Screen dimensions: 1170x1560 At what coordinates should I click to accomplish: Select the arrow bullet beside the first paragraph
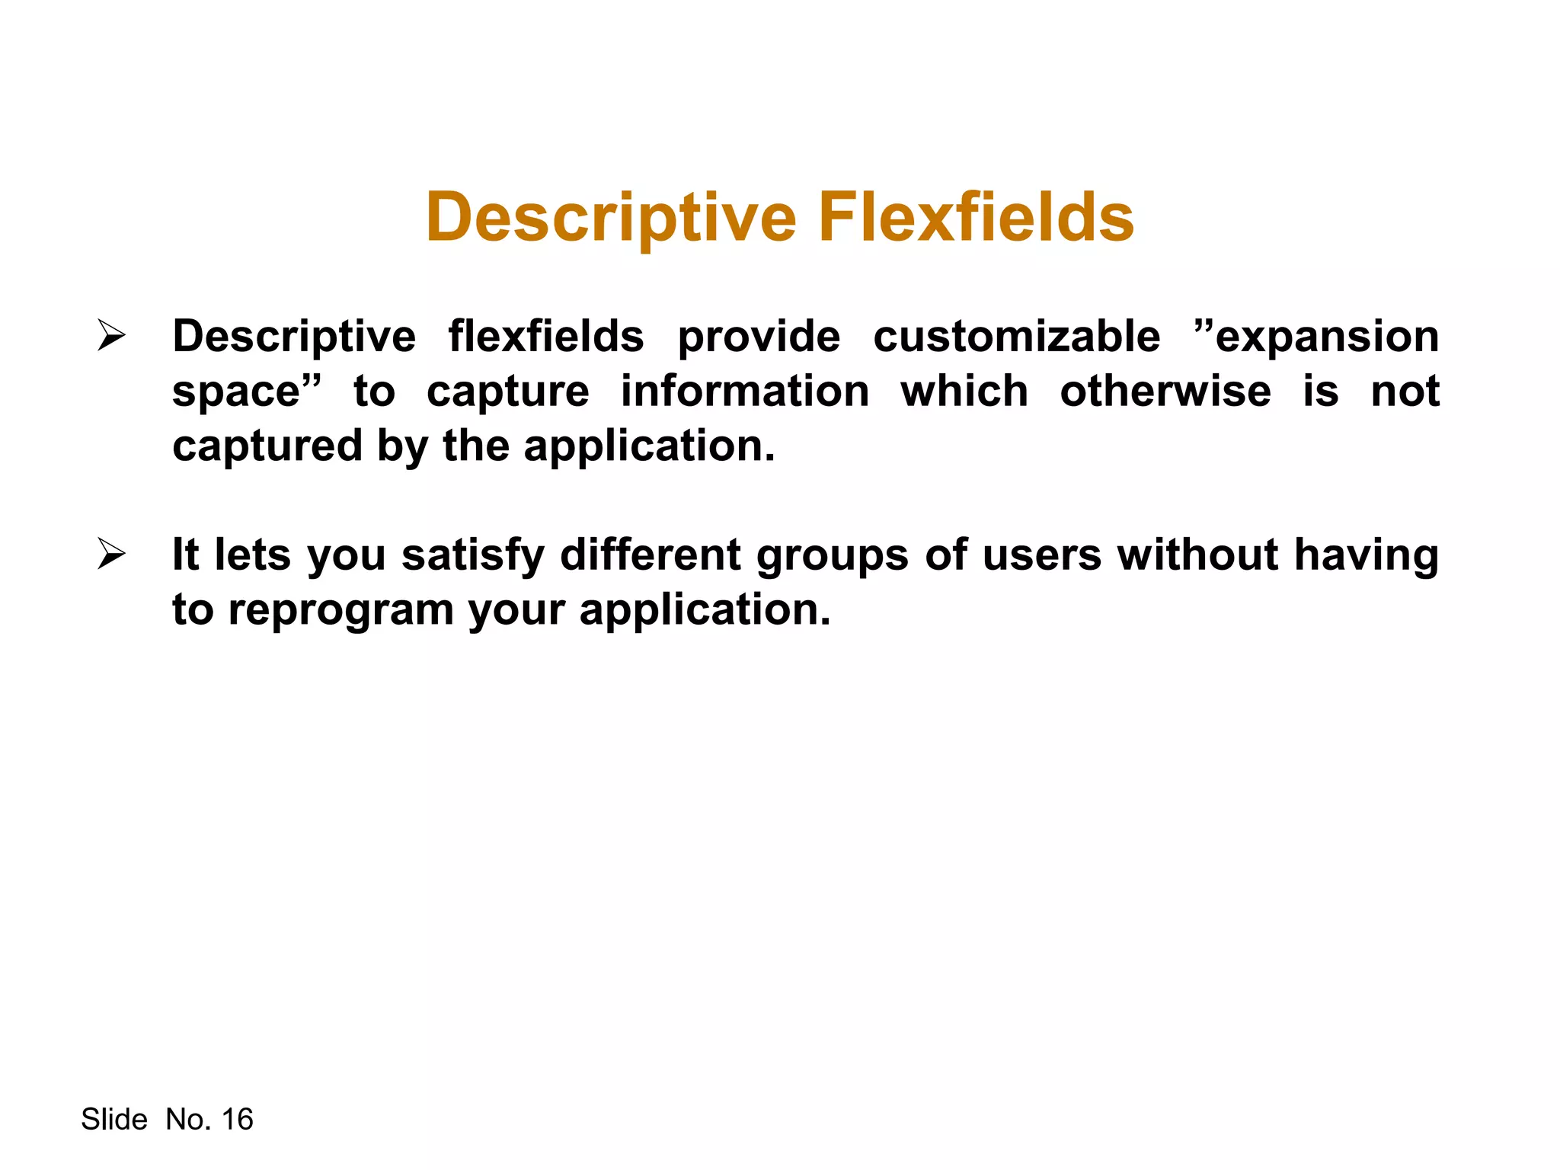[x=111, y=336]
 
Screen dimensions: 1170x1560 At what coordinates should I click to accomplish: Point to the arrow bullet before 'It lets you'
[x=111, y=554]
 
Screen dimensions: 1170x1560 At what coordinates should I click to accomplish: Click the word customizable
[x=1016, y=337]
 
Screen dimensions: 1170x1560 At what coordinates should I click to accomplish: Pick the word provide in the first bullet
[x=759, y=337]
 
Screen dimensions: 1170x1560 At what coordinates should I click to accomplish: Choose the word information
[x=744, y=392]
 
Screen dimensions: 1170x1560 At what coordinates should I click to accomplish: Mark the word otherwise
[x=1165, y=392]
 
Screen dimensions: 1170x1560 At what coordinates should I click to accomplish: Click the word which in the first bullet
[x=964, y=392]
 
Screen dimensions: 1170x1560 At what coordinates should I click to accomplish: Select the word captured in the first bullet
[x=267, y=446]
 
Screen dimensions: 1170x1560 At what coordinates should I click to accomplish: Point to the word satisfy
[x=472, y=555]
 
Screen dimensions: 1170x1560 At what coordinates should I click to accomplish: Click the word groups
[x=832, y=556]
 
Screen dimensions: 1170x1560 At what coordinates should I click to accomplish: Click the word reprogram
[x=340, y=611]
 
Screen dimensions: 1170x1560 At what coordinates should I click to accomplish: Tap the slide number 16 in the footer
[x=237, y=1119]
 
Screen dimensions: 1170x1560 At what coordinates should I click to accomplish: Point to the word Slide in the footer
[x=114, y=1119]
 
